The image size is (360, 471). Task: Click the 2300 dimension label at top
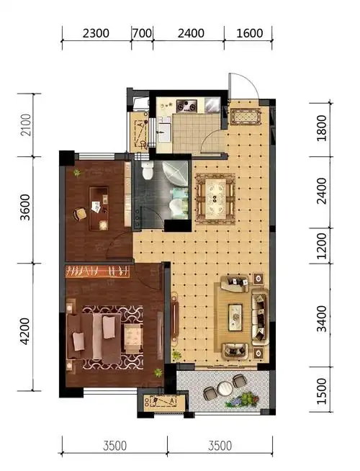[x=96, y=33]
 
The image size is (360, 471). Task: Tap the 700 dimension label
[x=142, y=33]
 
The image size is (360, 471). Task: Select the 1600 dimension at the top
[x=250, y=33]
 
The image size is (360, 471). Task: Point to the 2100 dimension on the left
[x=26, y=125]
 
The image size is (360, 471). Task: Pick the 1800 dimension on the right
[x=321, y=128]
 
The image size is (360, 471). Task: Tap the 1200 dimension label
[x=321, y=246]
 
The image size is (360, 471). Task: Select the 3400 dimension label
[x=321, y=319]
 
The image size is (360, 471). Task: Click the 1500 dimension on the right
[x=321, y=391]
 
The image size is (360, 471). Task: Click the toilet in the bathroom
[x=148, y=170]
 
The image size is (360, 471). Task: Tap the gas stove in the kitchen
[x=186, y=106]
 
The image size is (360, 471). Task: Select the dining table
[x=215, y=198]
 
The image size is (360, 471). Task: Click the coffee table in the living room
[x=235, y=317]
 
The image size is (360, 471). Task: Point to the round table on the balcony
[x=224, y=388]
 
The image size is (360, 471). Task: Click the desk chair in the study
[x=80, y=214]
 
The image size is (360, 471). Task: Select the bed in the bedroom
[x=94, y=337]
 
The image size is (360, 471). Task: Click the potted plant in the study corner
[x=77, y=173]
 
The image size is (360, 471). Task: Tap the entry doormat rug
[x=246, y=117]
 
